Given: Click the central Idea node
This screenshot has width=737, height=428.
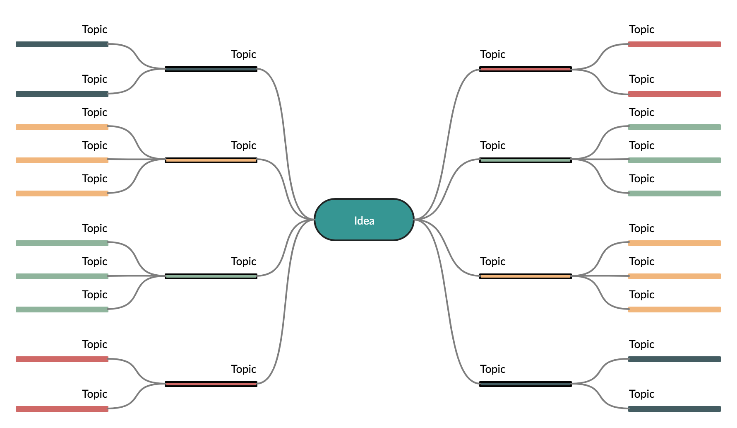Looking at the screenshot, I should point(364,220).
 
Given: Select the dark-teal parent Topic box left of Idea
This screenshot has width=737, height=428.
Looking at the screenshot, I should point(211,55).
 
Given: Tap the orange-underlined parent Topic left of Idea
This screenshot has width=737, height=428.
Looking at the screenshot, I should point(211,146).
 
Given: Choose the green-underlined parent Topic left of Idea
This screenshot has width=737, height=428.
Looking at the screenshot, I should point(211,262).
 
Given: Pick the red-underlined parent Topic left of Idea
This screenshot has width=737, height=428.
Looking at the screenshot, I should point(211,370).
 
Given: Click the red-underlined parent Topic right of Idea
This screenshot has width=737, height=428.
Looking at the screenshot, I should point(526,55).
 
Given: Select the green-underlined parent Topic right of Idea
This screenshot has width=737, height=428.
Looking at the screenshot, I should point(526,146).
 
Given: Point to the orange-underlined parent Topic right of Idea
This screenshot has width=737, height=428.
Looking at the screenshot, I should point(526,262).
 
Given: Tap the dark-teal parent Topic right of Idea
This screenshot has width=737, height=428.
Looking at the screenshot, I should point(526,370).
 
